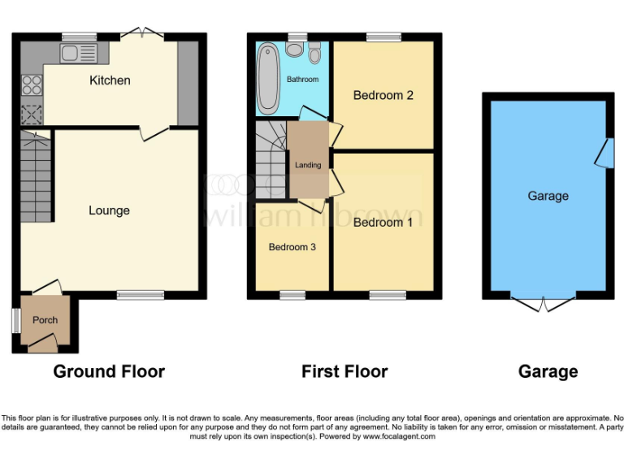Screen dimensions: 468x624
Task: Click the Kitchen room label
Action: tap(110, 80)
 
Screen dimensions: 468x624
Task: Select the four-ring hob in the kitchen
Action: tap(32, 84)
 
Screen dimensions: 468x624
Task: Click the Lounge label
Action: tap(109, 210)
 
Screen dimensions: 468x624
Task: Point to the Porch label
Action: tap(45, 320)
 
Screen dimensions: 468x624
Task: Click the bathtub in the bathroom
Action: tap(267, 80)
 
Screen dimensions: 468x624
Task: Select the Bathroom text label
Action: tap(302, 80)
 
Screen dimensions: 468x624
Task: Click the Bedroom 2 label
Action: tap(383, 95)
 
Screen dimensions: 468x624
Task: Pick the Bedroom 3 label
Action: tap(292, 247)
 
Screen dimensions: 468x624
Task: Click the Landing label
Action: tap(308, 165)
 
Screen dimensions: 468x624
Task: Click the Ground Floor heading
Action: tap(109, 372)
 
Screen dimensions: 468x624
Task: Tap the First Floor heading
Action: tap(344, 372)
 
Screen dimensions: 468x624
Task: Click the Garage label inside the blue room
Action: tap(548, 196)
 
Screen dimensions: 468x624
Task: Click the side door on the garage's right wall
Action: tap(604, 152)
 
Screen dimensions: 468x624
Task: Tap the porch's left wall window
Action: tap(15, 320)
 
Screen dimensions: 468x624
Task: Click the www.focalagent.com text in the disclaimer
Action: tap(399, 436)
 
